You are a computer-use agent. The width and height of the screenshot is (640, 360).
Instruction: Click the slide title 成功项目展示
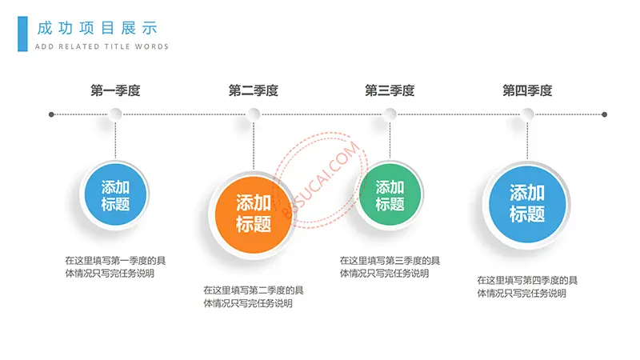pos(97,28)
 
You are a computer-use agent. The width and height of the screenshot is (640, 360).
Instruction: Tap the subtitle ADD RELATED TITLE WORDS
pos(102,46)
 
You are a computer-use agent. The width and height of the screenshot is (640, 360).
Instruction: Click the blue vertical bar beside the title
pos(23,34)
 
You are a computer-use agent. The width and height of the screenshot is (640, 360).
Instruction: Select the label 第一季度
pos(115,90)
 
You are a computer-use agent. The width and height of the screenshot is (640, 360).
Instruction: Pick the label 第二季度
pos(254,90)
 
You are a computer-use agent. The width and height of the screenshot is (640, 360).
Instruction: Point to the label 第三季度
pos(390,90)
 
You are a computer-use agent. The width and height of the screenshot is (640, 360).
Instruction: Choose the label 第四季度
pos(527,90)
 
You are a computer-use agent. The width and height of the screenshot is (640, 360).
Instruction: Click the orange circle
pos(254,214)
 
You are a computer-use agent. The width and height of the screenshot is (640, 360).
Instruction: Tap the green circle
pos(390,194)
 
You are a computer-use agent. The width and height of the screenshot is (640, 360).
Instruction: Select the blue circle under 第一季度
pos(115,194)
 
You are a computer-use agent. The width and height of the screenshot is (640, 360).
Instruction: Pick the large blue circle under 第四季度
pos(527,204)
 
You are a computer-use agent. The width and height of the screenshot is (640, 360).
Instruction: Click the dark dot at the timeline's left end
pos(51,114)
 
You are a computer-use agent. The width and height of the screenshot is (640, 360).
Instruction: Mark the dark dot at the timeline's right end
pos(605,114)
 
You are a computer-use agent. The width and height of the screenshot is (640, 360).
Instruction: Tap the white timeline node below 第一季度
pos(115,114)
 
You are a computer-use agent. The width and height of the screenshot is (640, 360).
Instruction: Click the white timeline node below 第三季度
pos(390,114)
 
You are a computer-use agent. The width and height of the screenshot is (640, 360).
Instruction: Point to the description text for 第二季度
pos(254,297)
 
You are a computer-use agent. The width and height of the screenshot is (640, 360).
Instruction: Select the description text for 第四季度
pos(527,286)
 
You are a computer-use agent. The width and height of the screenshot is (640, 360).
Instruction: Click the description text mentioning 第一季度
pos(115,267)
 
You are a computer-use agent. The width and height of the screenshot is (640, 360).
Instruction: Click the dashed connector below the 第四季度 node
pos(527,140)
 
